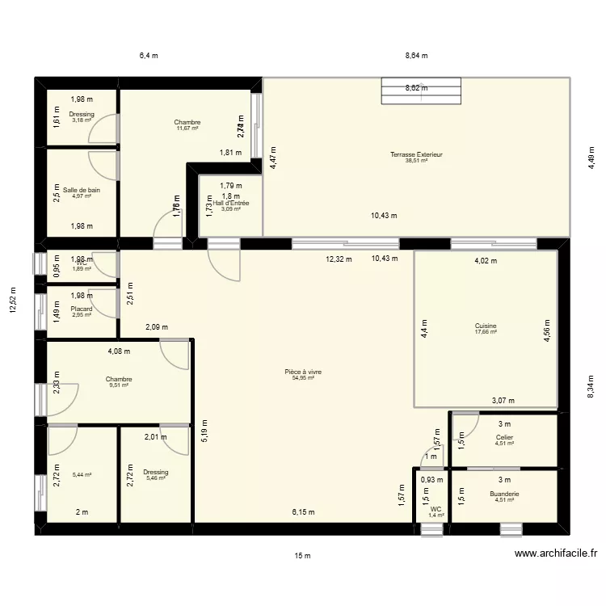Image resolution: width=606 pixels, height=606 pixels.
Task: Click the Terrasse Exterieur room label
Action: (416, 154)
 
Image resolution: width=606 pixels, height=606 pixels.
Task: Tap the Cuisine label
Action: (486, 326)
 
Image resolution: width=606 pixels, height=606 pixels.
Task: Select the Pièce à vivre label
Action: (303, 372)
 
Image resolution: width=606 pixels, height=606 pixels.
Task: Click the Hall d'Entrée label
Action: (231, 203)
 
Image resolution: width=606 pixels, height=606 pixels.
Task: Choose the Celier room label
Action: (504, 437)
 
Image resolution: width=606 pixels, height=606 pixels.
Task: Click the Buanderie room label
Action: (504, 494)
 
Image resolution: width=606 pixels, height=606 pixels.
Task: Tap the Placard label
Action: (81, 309)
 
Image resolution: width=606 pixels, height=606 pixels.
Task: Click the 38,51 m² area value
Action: (416, 161)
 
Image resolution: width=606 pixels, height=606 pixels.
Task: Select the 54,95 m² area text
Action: (303, 378)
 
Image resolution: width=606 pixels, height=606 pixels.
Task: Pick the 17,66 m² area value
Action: (486, 332)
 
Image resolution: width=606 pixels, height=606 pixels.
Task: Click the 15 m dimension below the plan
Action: (303, 556)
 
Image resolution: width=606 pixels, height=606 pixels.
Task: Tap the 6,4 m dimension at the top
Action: (149, 56)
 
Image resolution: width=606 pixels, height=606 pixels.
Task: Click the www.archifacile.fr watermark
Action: (558, 553)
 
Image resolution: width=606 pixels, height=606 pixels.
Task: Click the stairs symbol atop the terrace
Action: (420, 90)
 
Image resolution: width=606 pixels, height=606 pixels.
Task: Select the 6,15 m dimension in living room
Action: (304, 512)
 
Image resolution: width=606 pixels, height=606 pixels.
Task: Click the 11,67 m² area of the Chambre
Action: (187, 128)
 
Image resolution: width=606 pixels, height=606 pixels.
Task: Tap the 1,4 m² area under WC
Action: (436, 515)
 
